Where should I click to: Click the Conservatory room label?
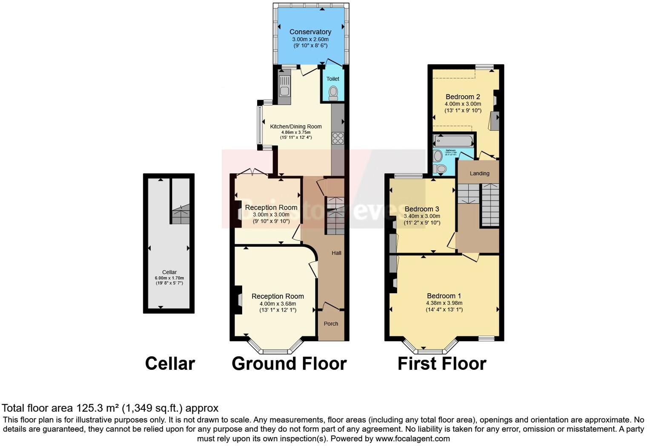310,32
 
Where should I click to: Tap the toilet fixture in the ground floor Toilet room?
333,92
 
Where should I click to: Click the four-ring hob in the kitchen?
338,138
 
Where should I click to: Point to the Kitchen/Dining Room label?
296,126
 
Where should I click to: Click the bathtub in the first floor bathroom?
453,141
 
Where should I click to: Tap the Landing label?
479,173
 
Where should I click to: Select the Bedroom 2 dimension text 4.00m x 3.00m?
463,104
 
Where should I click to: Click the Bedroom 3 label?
421,209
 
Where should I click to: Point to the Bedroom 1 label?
444,296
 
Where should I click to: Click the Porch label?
331,323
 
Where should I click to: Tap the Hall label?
336,253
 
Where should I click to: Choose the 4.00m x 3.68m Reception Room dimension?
278,304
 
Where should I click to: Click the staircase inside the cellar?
180,215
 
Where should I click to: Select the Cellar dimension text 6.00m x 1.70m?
169,278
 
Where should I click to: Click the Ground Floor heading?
289,363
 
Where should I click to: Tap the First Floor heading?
442,363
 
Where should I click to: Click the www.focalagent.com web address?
412,438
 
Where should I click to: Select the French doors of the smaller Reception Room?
252,172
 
